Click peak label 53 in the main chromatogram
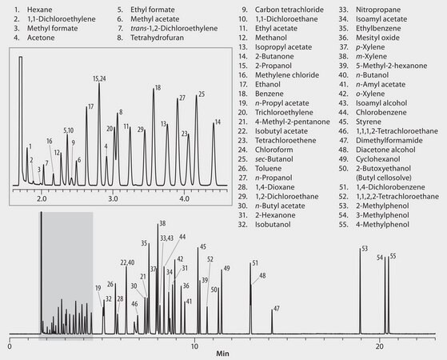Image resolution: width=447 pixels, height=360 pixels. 365,249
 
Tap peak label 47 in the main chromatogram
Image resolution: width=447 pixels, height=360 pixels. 276,308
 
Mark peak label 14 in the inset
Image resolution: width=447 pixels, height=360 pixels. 216,123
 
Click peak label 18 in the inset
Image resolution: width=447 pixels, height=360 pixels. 158,87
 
